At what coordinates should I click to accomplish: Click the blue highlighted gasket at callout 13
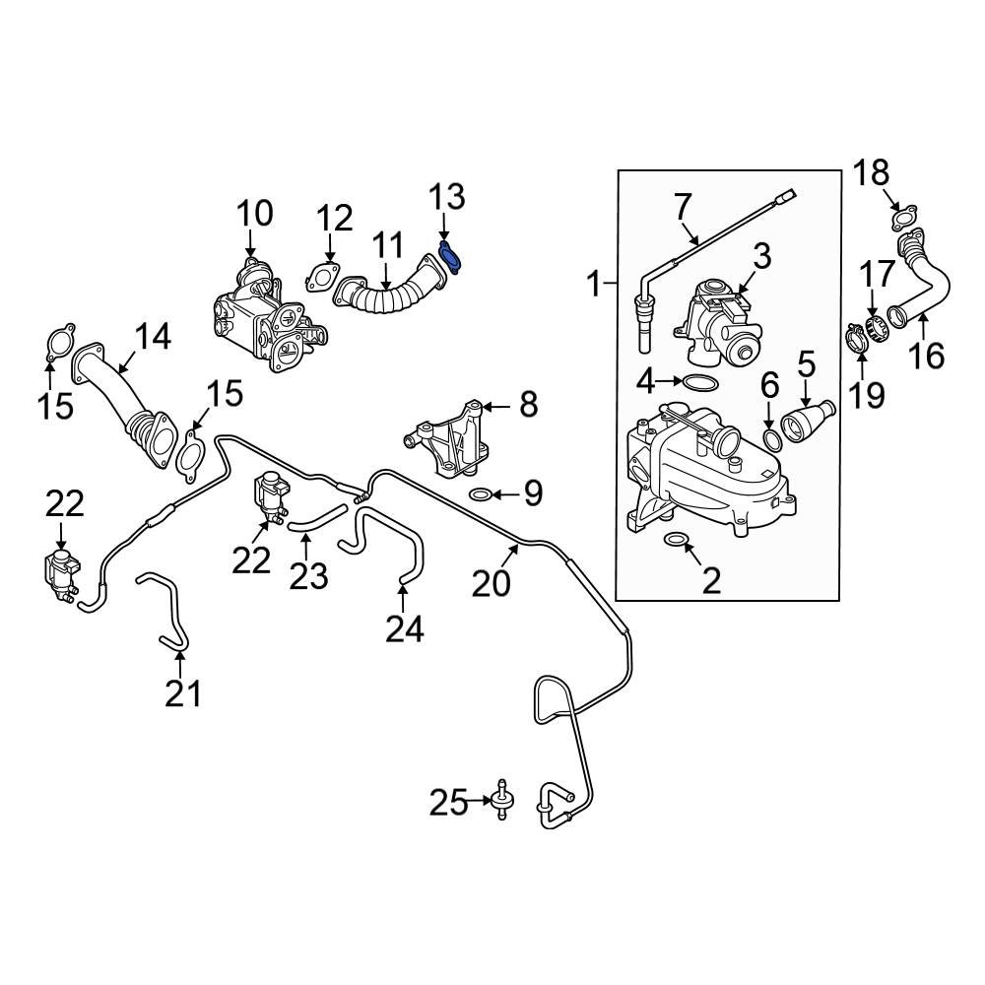tap(452, 256)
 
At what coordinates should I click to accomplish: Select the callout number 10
tap(252, 213)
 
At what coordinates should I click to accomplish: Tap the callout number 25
tap(448, 804)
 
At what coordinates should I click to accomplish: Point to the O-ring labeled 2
tap(677, 539)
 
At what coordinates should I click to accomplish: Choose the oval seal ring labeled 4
tap(700, 381)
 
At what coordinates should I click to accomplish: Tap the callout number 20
tap(491, 583)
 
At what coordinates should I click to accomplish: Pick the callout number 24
tap(404, 627)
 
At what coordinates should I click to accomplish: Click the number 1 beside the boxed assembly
tap(593, 287)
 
